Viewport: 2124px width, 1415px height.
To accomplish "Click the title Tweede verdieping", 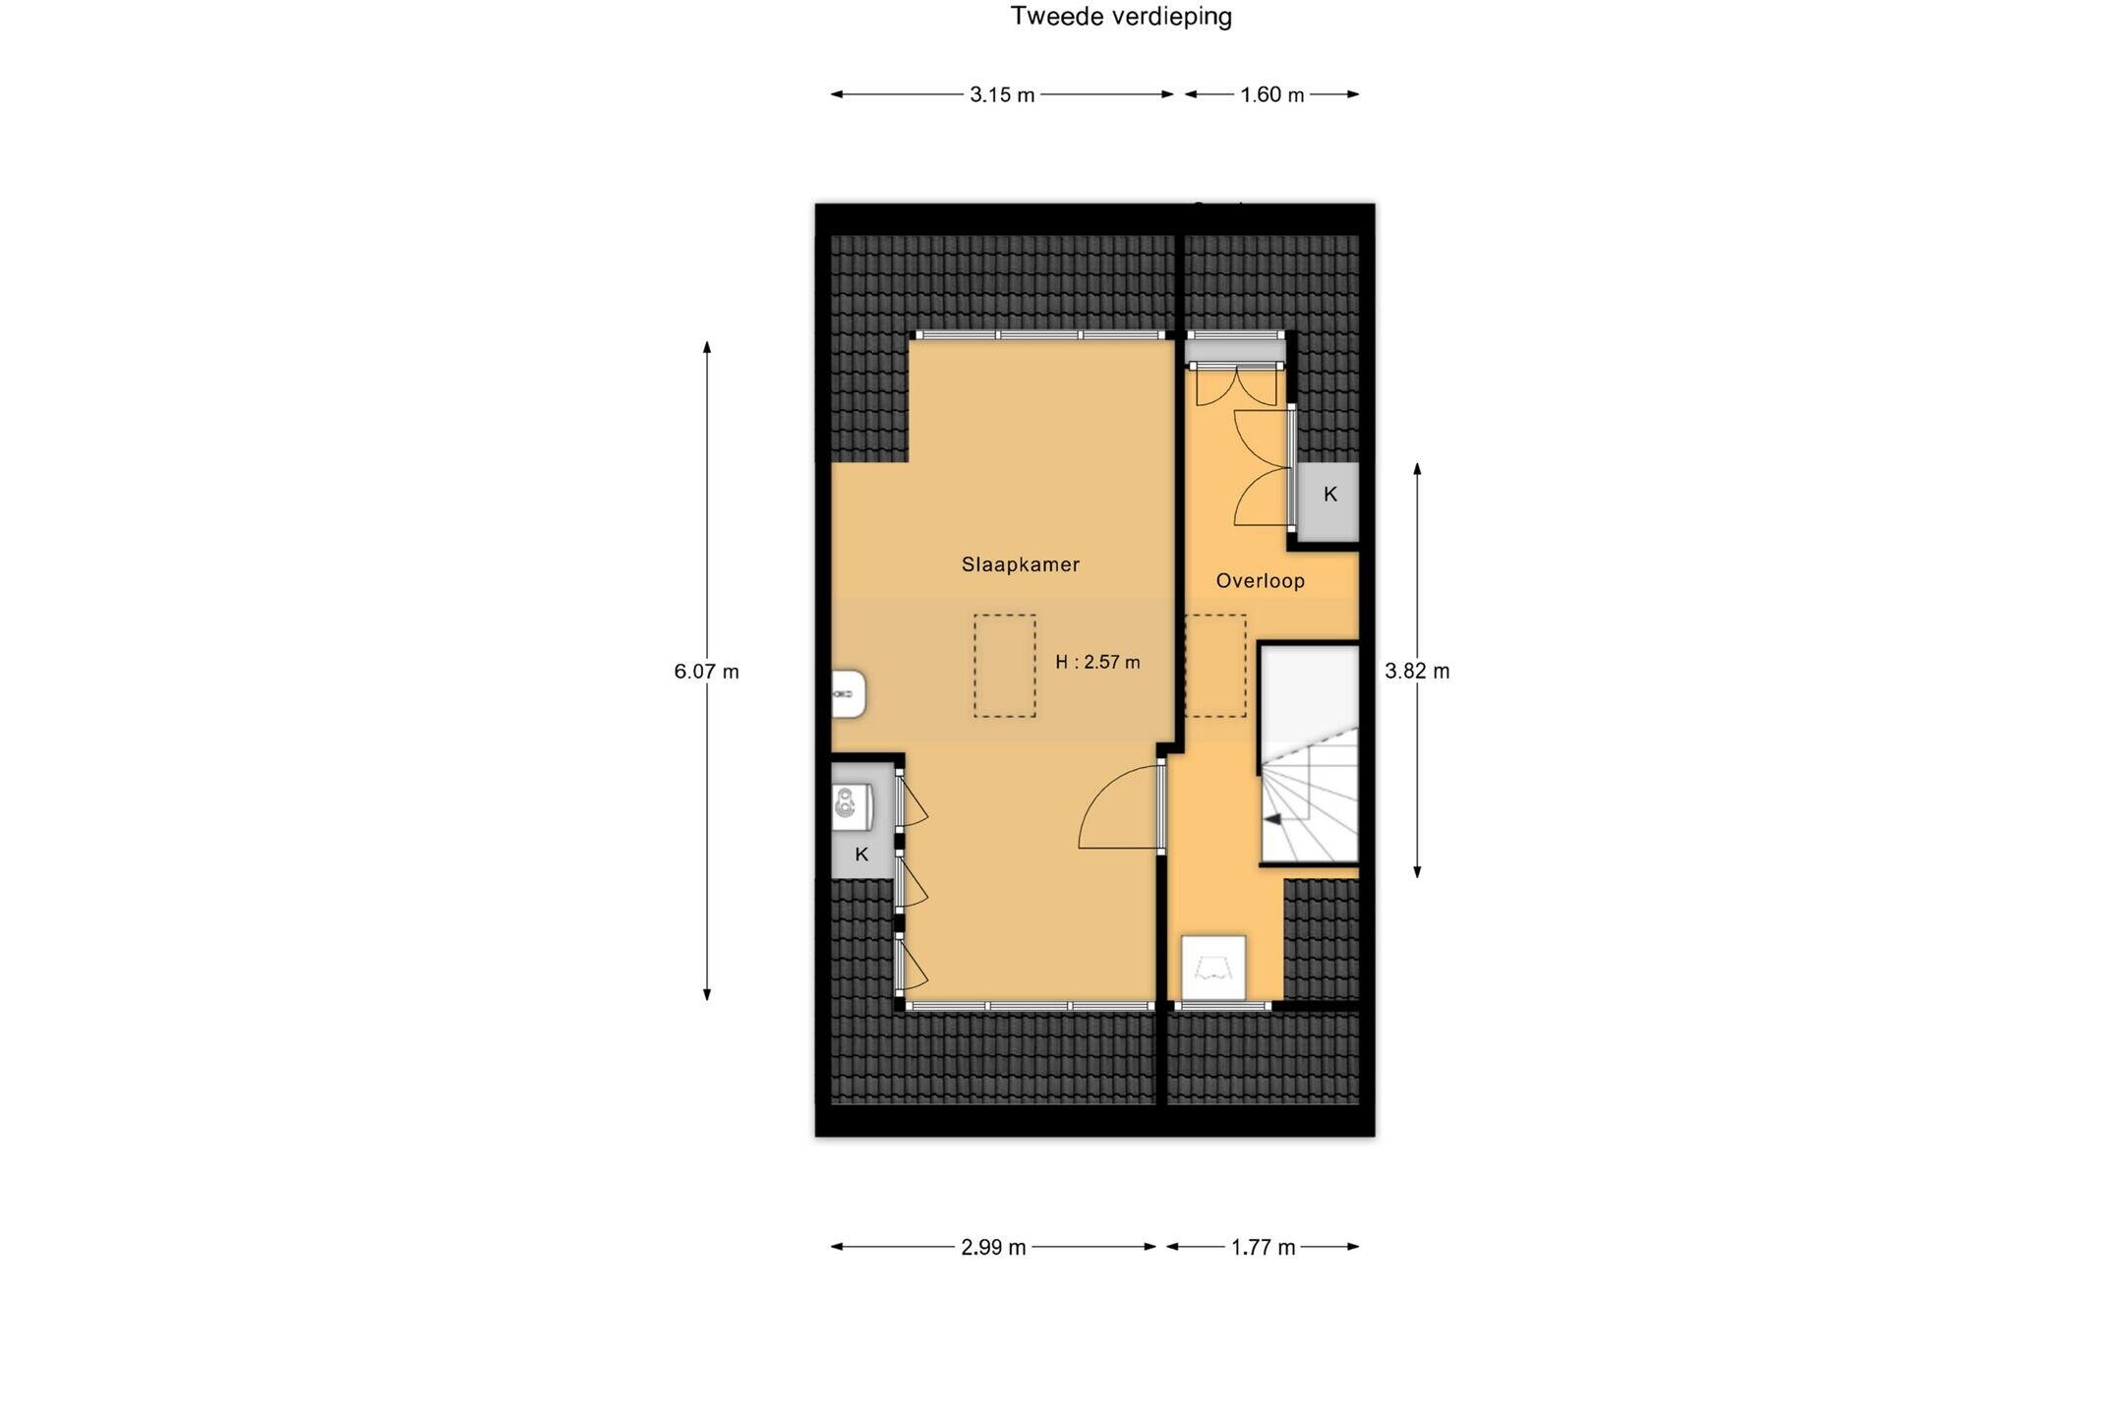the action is click(1121, 17).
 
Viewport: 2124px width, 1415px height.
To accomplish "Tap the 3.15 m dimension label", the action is click(1002, 95).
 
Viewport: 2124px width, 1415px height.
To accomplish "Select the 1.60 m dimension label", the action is click(1271, 95).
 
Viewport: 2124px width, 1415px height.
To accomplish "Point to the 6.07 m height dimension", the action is click(706, 672).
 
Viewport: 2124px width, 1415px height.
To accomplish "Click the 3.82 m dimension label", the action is click(1417, 672).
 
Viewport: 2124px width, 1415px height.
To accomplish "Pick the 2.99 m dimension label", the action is click(993, 1248).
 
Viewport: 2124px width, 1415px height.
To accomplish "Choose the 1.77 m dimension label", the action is click(1264, 1248).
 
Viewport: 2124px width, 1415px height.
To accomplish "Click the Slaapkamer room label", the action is click(1021, 564).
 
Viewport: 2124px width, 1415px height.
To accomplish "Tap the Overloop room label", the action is click(1261, 581).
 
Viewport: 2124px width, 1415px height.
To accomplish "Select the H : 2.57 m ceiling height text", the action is click(1097, 663).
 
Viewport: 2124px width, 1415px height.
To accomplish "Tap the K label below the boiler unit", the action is click(861, 855).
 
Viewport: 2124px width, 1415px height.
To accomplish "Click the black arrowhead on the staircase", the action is click(1272, 819).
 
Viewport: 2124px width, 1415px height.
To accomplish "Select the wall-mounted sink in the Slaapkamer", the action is click(849, 694).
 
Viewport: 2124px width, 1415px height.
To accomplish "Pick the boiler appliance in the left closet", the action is click(852, 807).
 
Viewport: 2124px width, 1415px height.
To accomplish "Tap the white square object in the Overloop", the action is click(1213, 968).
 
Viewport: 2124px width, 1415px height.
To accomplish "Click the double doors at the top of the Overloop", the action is click(1236, 385).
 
